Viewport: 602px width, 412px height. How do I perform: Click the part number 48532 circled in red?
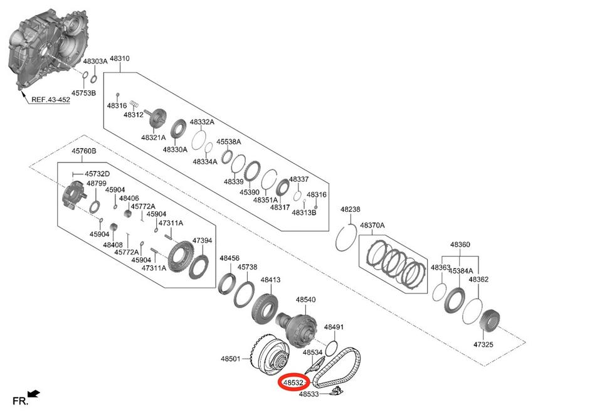[293, 381]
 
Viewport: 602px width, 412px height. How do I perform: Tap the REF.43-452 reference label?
[51, 100]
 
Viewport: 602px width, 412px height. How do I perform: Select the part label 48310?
[119, 59]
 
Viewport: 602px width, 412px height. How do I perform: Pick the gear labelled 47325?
[488, 323]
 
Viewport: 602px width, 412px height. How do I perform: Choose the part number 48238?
[351, 209]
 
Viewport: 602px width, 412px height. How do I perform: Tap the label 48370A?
[372, 225]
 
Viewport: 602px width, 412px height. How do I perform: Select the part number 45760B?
[83, 152]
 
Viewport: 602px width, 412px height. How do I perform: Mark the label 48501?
[230, 359]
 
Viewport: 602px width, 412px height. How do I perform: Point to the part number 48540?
[305, 300]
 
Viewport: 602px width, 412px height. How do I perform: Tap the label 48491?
[334, 327]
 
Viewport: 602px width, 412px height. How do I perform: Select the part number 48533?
[309, 394]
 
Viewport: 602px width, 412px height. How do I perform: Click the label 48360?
[460, 245]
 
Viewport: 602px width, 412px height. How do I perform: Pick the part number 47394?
[202, 240]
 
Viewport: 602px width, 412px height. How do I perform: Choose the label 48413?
[270, 280]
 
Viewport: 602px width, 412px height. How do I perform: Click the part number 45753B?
[83, 93]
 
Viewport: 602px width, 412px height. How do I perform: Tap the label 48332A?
[202, 122]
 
